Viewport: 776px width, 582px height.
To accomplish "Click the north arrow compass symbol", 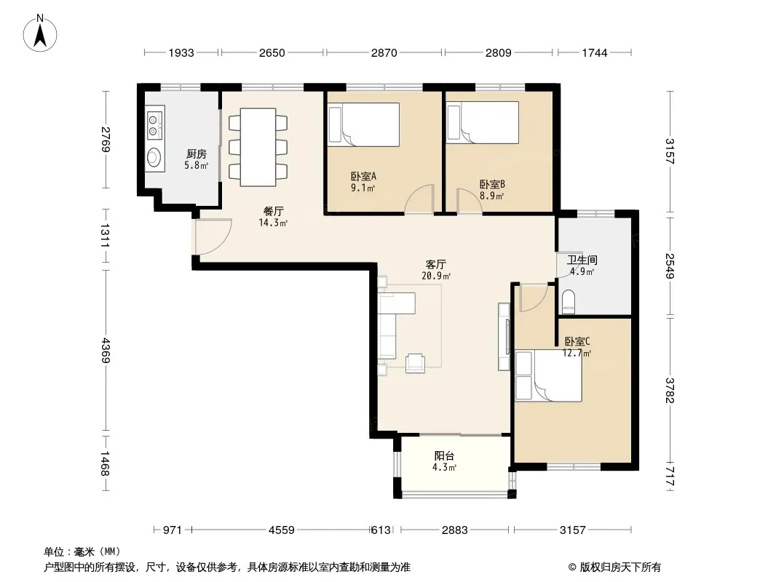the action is (x=40, y=33).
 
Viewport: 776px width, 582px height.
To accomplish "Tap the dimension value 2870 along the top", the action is (x=384, y=52).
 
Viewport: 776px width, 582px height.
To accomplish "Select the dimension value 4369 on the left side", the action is (x=105, y=350).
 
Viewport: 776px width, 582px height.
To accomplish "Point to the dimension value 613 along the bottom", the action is (x=381, y=530).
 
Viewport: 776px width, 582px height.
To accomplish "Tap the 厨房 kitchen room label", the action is (x=197, y=154).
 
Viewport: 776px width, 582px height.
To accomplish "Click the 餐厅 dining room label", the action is (x=273, y=212).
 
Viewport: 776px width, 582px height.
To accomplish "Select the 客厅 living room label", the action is (x=436, y=265).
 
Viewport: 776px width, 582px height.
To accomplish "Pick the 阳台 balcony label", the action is (x=444, y=456).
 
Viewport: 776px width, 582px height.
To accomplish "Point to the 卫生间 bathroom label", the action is (x=582, y=260).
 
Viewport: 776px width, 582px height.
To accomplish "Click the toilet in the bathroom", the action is (x=568, y=301).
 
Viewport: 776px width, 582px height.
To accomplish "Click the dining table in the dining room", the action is (x=258, y=148).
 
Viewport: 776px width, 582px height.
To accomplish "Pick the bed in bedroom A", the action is (x=364, y=124).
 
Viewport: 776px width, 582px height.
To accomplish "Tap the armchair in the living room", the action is (x=415, y=363).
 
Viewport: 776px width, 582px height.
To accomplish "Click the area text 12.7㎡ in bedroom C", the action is (x=577, y=353).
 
